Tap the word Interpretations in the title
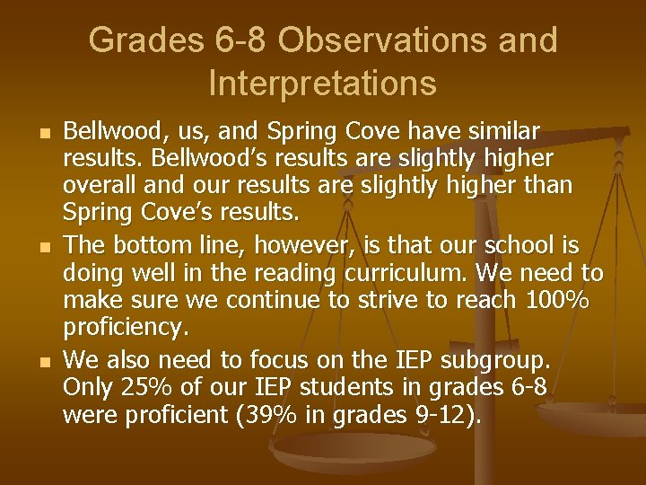pos(323,84)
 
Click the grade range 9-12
pos(444,417)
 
